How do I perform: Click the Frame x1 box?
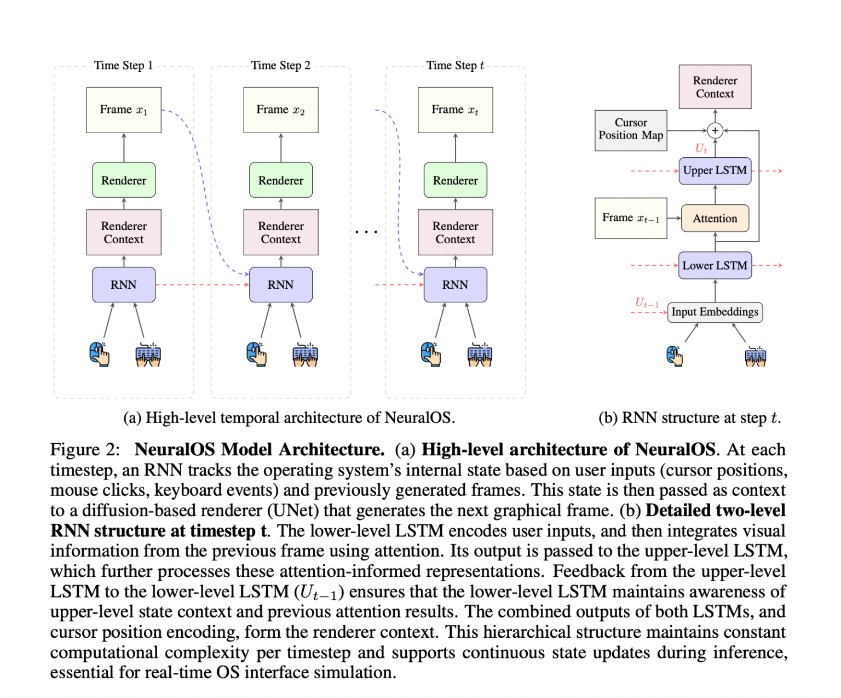coord(124,110)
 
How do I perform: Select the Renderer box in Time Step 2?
coord(280,180)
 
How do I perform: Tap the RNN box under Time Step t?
coord(455,284)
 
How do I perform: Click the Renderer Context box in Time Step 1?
coord(124,232)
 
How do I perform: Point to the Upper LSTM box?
coord(715,170)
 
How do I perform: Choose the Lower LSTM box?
coord(715,265)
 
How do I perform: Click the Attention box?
coord(715,218)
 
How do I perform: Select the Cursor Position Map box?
coord(631,130)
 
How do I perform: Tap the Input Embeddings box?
coord(715,312)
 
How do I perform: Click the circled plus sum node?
coord(715,130)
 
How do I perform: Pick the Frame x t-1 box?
coord(631,218)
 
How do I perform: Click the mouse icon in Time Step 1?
coord(99,354)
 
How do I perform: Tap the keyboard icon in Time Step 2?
coord(305,354)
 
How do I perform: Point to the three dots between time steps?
coord(366,232)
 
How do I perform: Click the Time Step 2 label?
coord(280,65)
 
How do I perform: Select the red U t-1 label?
coord(647,303)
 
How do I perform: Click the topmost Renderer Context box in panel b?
coord(715,87)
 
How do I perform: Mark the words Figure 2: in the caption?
coord(85,450)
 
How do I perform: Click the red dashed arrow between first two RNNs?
coord(202,284)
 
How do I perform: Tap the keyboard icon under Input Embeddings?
coord(756,357)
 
